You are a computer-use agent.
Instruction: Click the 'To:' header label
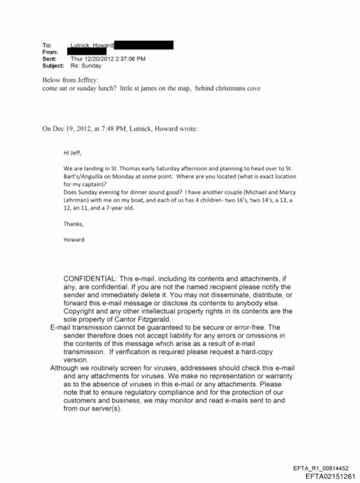pyautogui.click(x=47, y=45)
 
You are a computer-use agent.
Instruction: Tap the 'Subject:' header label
pyautogui.click(x=53, y=66)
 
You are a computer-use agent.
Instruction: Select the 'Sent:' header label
pyautogui.click(x=49, y=59)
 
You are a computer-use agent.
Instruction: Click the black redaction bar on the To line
pyautogui.click(x=144, y=45)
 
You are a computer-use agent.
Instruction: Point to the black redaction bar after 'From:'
pyautogui.click(x=90, y=52)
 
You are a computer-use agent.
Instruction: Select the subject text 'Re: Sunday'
pyautogui.click(x=86, y=66)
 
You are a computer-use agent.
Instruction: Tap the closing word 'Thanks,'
pyautogui.click(x=73, y=224)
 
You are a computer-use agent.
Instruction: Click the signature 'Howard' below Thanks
pyautogui.click(x=74, y=240)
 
